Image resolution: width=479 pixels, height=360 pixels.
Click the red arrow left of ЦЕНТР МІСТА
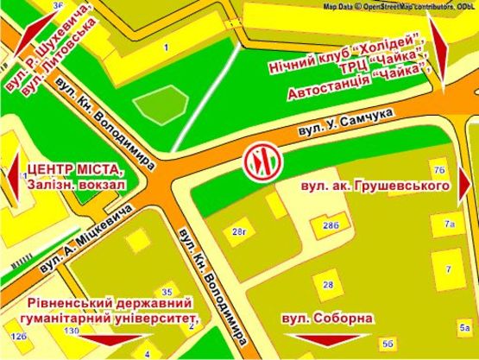[12, 177]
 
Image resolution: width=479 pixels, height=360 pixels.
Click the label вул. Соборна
[326, 317]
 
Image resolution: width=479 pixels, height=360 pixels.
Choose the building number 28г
[238, 230]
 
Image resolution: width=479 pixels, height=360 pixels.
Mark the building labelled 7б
[439, 169]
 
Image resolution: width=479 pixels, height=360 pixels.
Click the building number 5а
[464, 326]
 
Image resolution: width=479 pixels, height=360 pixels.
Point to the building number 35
[167, 291]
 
